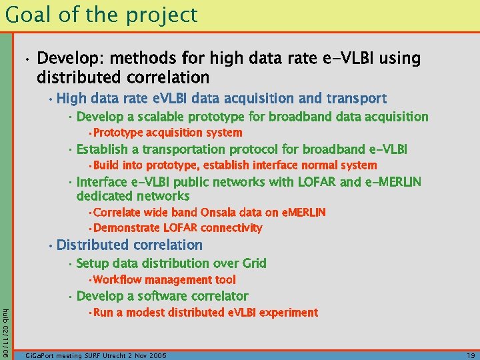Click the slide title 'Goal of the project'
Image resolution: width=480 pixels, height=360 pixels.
[x=101, y=15]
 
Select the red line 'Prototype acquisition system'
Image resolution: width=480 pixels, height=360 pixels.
[x=167, y=133]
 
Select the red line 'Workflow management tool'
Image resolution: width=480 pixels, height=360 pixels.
[x=164, y=280]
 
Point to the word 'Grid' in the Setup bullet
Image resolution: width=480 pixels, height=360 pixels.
[x=253, y=263]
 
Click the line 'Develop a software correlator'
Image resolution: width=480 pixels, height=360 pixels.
[x=163, y=296]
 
